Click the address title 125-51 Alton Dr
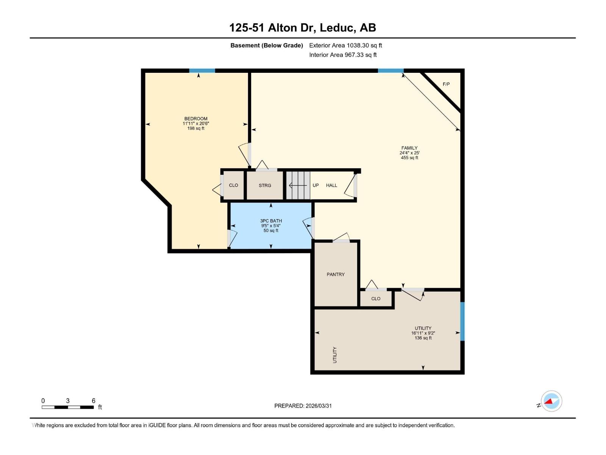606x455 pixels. coord(303,28)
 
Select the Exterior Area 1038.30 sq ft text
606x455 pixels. coord(345,45)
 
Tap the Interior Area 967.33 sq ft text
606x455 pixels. coord(343,55)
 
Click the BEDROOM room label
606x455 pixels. coord(196,119)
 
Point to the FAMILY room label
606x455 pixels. coord(409,148)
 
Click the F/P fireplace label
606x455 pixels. coord(446,84)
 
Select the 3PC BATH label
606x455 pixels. coord(271,221)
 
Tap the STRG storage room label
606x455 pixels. coord(265,185)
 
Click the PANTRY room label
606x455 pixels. coord(336,275)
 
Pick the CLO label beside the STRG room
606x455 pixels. coord(233,185)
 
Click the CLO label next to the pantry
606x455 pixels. coord(376,299)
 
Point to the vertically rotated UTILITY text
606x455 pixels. coord(335,355)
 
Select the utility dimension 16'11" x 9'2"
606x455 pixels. coord(423,333)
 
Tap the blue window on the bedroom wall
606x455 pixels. coord(202,71)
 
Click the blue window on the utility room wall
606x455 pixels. coord(462,321)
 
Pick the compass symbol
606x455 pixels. coord(551,401)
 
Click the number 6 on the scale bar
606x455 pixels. coord(94,401)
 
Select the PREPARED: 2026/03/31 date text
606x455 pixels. coord(303,406)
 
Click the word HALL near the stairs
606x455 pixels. coord(331,185)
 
